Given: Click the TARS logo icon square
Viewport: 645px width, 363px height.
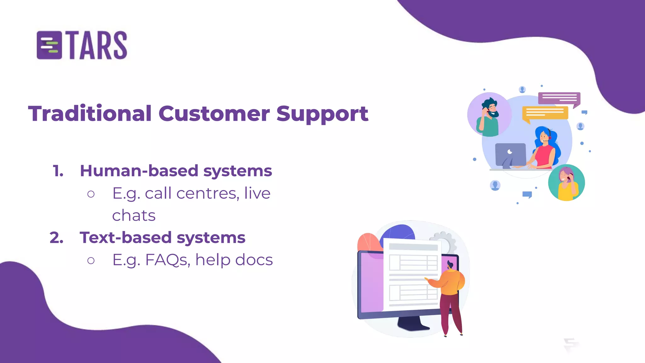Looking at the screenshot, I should coord(49,45).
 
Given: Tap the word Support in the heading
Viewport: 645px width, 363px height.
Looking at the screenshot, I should coord(322,114).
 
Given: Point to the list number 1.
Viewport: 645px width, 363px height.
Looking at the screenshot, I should coord(58,171).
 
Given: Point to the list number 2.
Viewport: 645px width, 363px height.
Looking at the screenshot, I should coord(57,238).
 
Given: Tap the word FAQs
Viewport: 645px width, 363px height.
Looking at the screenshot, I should coord(167,260).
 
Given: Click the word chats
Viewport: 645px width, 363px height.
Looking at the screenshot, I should coord(134,216).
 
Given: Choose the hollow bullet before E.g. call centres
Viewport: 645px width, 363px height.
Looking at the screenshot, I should coord(91,194).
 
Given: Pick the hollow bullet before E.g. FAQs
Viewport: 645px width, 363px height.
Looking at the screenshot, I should coord(91,261).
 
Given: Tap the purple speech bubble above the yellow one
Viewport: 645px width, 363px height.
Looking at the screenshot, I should coord(559,98).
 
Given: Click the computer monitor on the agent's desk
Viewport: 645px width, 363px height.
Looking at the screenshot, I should coord(511,154).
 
